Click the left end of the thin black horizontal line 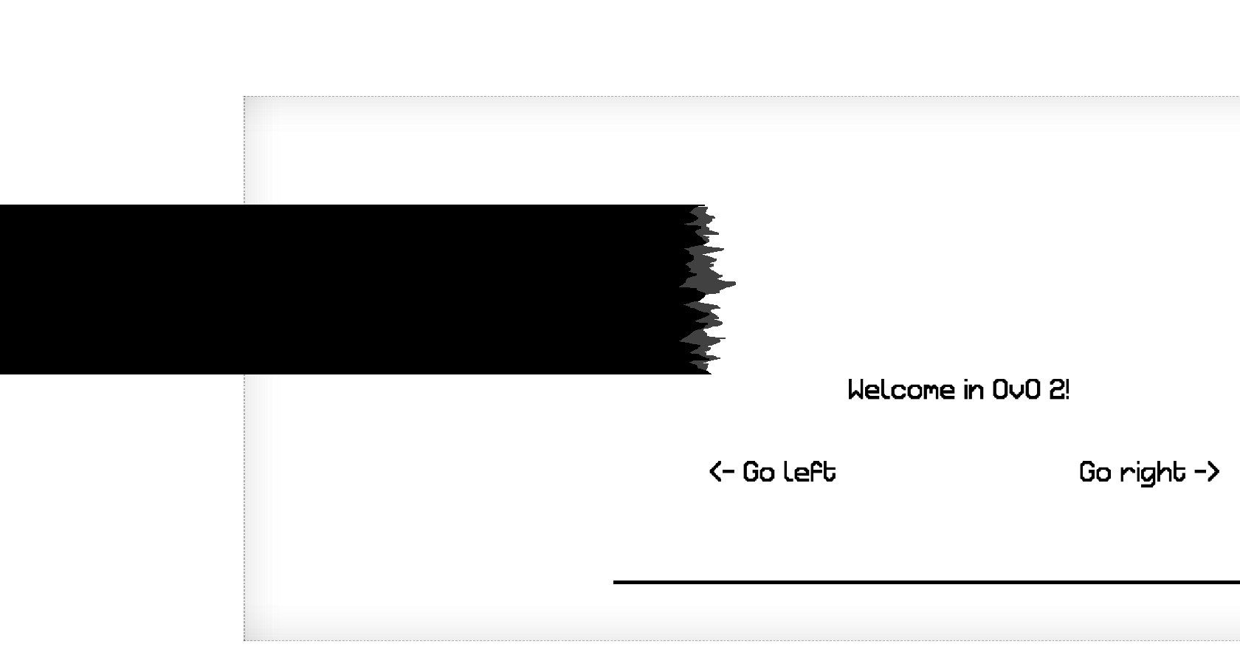tap(613, 582)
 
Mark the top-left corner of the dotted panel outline tap(244, 96)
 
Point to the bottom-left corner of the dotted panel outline tap(244, 641)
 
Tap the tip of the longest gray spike tap(736, 284)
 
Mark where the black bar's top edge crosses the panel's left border tap(244, 205)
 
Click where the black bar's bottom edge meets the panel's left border tap(244, 374)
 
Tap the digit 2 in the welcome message tap(1057, 390)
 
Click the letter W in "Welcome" tap(857, 390)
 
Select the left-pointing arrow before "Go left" tap(722, 472)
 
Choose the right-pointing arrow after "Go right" tap(1208, 472)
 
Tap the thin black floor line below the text tap(927, 582)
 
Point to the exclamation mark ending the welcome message tap(1067, 390)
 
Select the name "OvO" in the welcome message tap(1016, 390)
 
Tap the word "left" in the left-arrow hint tap(813, 471)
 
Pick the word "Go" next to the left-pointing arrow tap(759, 472)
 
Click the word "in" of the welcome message tap(974, 390)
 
